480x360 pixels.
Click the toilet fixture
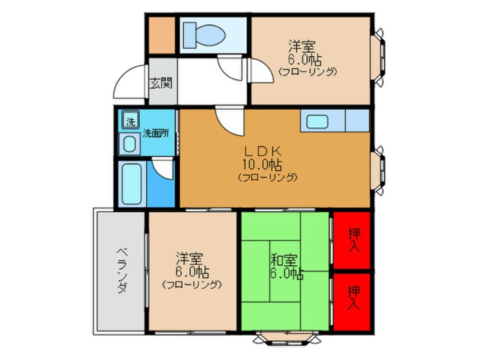[204, 35]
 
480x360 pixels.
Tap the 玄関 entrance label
[161, 83]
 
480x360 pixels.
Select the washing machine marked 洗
[130, 119]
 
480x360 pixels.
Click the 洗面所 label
[156, 133]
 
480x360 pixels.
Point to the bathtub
[132, 183]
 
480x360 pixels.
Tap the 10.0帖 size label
[262, 165]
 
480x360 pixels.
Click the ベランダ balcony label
[122, 270]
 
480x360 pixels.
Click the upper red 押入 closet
[352, 241]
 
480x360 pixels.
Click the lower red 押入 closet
[352, 302]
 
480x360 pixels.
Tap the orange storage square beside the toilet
[162, 35]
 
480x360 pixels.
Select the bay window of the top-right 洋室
[378, 57]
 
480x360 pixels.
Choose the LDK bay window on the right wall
[378, 170]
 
